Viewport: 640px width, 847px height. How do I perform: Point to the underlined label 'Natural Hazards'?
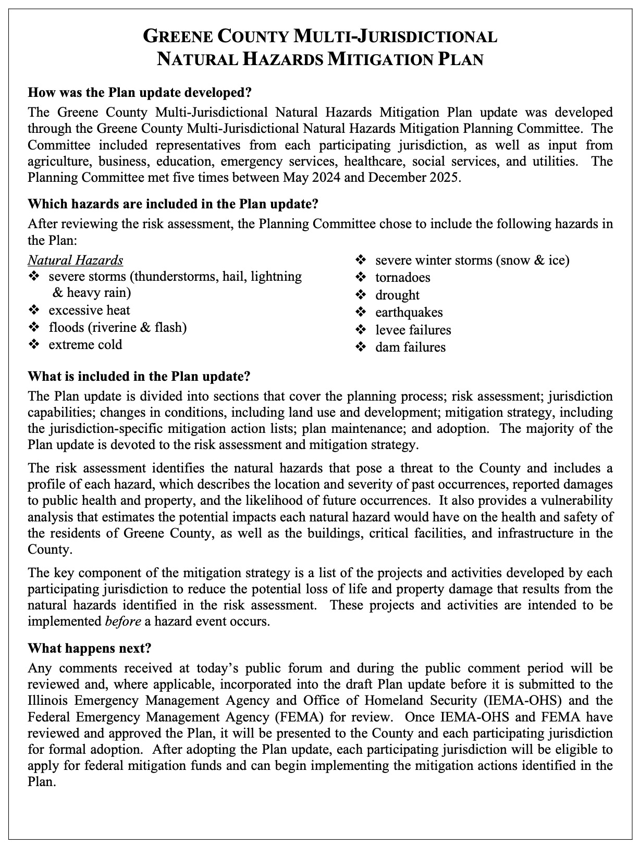tap(76, 259)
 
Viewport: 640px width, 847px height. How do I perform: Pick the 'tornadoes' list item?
tap(402, 277)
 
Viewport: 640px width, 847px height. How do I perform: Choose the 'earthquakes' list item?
tap(409, 312)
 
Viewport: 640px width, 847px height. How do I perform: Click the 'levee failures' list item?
tap(413, 330)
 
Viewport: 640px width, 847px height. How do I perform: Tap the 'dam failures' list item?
tap(410, 347)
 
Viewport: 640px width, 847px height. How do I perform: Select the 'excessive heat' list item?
tap(89, 310)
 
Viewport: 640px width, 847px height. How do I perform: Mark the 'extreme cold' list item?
tap(85, 344)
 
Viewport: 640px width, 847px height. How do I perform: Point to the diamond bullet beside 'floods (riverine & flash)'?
tap(34, 328)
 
